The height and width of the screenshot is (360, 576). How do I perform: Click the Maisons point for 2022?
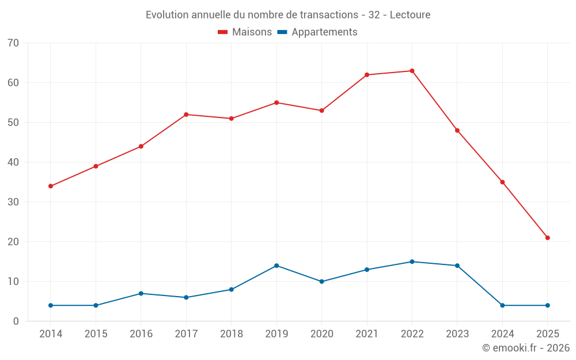tap(412, 71)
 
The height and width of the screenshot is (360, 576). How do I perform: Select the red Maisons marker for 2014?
tap(51, 186)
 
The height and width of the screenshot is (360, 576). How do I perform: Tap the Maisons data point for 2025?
tap(548, 238)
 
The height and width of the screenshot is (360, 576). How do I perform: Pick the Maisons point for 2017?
tap(186, 115)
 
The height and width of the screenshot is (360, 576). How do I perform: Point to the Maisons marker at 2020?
tap(321, 111)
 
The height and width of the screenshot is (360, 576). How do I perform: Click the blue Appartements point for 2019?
tap(276, 266)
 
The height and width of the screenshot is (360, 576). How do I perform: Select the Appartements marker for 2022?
tap(412, 262)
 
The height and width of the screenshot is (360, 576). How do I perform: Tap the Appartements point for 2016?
tap(141, 294)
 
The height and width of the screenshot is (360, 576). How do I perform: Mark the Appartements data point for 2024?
tap(502, 305)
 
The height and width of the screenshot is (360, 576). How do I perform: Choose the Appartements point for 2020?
tap(321, 282)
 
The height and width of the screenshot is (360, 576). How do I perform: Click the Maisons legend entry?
tap(245, 32)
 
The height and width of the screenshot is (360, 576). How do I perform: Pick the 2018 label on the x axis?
tap(231, 334)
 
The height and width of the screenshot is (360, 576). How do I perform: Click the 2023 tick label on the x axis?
tap(457, 334)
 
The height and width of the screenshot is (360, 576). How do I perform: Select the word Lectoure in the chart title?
tap(410, 15)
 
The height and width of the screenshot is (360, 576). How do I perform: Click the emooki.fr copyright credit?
tap(526, 348)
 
